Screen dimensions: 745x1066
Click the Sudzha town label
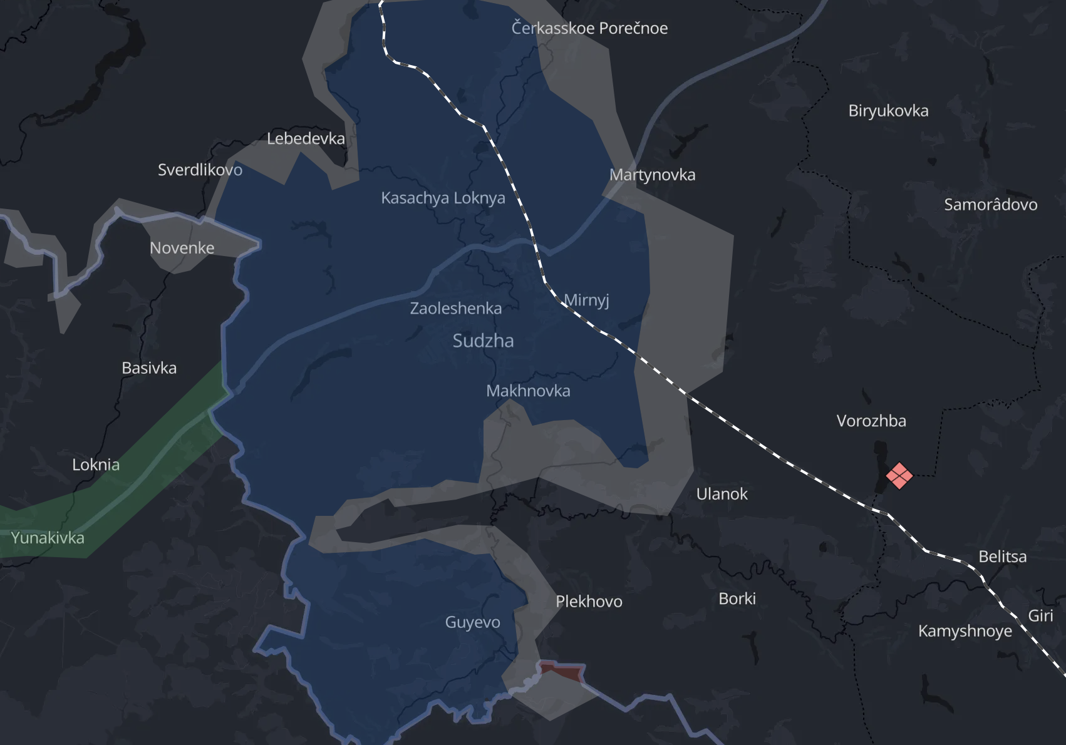(x=483, y=341)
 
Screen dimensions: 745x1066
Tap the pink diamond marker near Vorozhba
(x=899, y=476)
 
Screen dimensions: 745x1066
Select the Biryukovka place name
(x=888, y=111)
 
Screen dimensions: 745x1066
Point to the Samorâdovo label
(x=990, y=205)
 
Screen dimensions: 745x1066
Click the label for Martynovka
(x=652, y=175)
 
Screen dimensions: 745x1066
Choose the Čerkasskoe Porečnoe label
(x=589, y=28)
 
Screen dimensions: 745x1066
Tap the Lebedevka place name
(x=306, y=138)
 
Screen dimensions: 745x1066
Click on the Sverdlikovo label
(x=200, y=170)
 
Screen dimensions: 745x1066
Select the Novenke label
(x=182, y=248)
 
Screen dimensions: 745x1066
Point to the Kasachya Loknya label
(x=443, y=198)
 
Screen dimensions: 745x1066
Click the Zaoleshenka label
(x=455, y=308)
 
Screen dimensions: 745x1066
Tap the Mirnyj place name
(x=586, y=300)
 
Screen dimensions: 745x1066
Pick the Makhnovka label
(x=528, y=391)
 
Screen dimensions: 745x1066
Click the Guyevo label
(x=472, y=622)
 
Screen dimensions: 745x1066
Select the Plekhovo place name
(x=589, y=602)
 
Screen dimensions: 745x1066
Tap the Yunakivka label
(x=48, y=538)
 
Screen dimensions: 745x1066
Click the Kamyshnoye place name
(x=965, y=631)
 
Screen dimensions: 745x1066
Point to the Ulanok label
(x=722, y=494)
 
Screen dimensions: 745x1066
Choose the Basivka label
(x=149, y=368)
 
